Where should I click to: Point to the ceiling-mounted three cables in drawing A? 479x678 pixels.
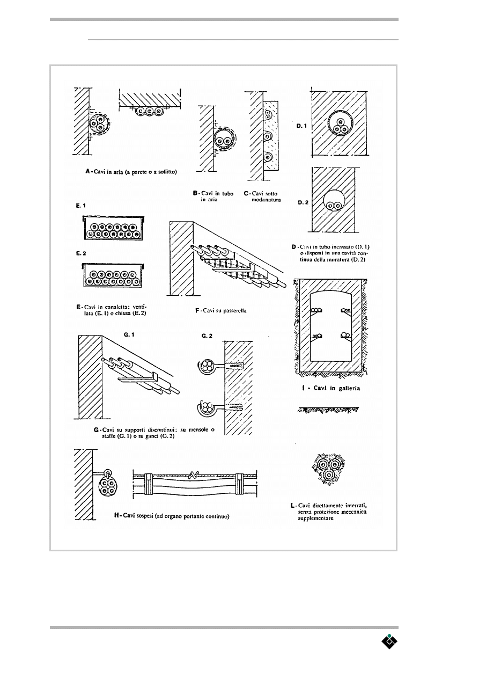145,112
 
